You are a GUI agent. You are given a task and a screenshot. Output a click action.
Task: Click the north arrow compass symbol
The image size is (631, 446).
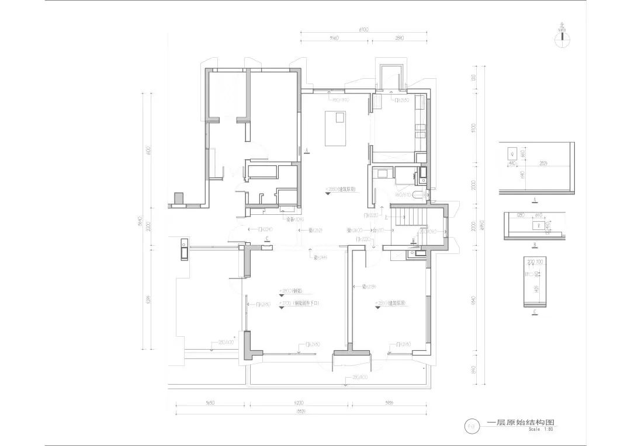[562, 36]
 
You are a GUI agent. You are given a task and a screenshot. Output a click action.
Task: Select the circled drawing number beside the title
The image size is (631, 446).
[471, 426]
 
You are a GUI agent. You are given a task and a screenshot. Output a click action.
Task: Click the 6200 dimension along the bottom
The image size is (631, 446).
[299, 403]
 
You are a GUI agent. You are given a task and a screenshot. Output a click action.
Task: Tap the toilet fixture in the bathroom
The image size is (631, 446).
[417, 197]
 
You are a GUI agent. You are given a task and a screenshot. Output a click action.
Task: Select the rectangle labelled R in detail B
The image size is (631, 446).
[539, 224]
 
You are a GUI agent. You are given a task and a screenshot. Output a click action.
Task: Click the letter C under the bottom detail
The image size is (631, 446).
[535, 312]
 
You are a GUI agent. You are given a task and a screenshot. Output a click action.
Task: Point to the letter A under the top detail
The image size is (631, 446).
[535, 199]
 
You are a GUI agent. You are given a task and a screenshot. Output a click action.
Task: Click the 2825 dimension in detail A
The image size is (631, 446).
[543, 163]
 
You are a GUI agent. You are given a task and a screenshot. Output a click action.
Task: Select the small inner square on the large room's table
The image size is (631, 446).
[339, 117]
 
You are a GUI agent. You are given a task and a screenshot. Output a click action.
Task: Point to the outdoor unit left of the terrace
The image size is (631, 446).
[184, 250]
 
